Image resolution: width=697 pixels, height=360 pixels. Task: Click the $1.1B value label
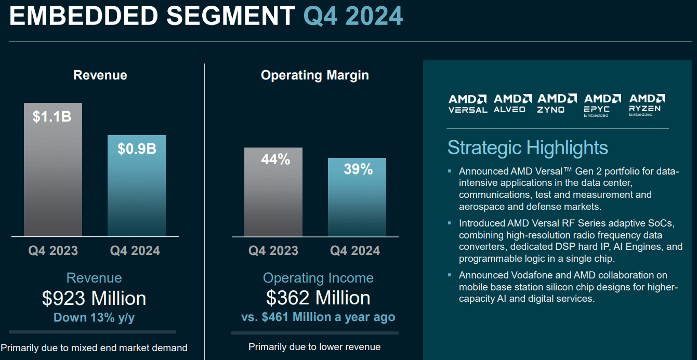point(52,116)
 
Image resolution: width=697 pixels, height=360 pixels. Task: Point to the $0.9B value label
point(137,149)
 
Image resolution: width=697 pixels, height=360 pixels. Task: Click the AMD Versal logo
point(468,103)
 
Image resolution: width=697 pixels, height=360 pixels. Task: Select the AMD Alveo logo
point(512,103)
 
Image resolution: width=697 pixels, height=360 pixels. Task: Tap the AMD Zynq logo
point(557,103)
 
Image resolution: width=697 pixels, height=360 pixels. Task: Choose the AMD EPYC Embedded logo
point(602,105)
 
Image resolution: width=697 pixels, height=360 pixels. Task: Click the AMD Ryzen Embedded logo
point(647,104)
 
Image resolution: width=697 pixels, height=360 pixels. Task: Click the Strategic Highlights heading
point(527,148)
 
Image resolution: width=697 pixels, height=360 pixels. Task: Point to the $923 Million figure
point(94,298)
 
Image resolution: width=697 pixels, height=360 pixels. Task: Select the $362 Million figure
point(318,298)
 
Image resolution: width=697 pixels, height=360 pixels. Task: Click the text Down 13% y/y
point(94,318)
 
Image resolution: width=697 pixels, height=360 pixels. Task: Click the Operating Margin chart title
point(314,75)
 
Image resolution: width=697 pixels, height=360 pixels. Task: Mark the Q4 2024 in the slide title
point(353,16)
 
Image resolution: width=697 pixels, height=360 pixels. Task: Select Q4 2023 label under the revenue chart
point(52,251)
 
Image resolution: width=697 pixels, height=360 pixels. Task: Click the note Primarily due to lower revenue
point(314,346)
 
